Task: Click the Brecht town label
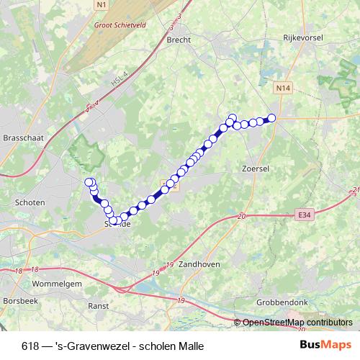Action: point(178,41)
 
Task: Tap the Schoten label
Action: point(30,203)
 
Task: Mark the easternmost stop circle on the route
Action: point(271,118)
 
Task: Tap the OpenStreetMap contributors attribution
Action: point(297,323)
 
